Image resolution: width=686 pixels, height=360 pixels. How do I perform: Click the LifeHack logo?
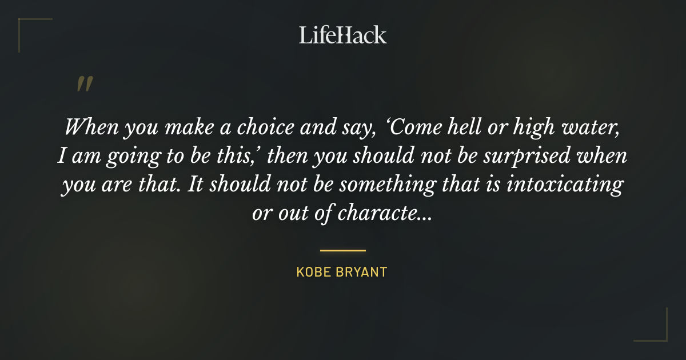[343, 35]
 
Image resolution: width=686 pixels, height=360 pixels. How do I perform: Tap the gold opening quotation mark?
[84, 84]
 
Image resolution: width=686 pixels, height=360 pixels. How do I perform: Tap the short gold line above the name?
[342, 250]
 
